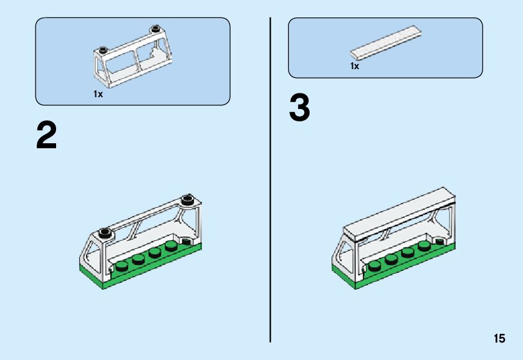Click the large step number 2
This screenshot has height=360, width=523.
[x=46, y=135]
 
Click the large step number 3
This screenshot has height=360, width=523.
[x=299, y=107]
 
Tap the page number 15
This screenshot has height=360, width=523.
[x=499, y=338]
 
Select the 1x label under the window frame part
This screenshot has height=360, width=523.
[x=98, y=94]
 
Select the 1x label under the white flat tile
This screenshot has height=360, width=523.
[x=355, y=66]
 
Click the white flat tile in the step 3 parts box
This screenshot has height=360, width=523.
[x=386, y=43]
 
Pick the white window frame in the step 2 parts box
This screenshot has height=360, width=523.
[x=133, y=57]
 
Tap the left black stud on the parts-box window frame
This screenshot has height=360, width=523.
[x=102, y=50]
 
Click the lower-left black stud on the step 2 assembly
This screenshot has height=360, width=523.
[x=106, y=232]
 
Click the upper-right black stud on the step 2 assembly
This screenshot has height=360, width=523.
[x=188, y=200]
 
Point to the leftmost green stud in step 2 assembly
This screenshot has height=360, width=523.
[x=122, y=266]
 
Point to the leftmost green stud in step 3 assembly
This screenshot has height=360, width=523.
[x=375, y=266]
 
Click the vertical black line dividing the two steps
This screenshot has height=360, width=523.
[x=270, y=179]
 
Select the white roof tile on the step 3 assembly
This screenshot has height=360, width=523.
[x=399, y=214]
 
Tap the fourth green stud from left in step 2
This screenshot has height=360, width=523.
[x=171, y=247]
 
